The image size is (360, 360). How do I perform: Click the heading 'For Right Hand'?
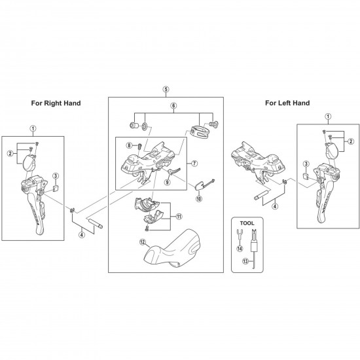click(x=56, y=103)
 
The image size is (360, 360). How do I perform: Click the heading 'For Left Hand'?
click(x=287, y=103)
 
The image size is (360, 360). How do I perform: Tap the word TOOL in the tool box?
click(x=247, y=223)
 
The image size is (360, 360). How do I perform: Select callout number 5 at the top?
click(x=166, y=89)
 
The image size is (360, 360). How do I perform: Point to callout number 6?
click(x=173, y=105)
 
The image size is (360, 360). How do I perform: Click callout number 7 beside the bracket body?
click(x=194, y=164)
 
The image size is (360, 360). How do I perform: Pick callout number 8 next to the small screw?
click(x=129, y=145)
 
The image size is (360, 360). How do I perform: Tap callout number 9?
click(x=168, y=183)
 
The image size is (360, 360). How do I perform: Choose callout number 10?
click(x=199, y=198)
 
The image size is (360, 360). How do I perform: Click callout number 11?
click(x=179, y=216)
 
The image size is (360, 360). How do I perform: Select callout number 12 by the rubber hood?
click(x=143, y=242)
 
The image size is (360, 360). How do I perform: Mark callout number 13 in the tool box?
click(x=245, y=261)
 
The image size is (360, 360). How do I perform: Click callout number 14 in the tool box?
click(x=240, y=249)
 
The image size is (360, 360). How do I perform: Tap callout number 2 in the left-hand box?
click(x=351, y=141)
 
